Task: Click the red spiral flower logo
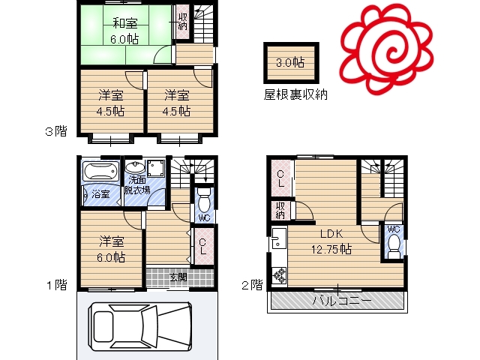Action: [386, 50]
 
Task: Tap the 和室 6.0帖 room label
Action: [125, 31]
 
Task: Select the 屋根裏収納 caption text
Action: [295, 94]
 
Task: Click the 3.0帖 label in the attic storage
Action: [290, 62]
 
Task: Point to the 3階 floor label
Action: [56, 132]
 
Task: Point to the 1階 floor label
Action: [57, 285]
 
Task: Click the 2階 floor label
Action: [252, 285]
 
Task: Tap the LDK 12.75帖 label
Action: [331, 241]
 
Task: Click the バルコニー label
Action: [342, 300]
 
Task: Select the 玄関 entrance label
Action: [178, 277]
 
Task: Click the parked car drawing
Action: [140, 326]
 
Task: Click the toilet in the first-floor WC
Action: [204, 200]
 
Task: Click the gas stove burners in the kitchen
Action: [279, 275]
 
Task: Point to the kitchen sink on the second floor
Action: [277, 238]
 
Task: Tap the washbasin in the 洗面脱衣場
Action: [135, 168]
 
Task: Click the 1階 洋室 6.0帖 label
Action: [111, 249]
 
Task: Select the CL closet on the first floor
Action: [202, 247]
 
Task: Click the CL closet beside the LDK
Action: [280, 178]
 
